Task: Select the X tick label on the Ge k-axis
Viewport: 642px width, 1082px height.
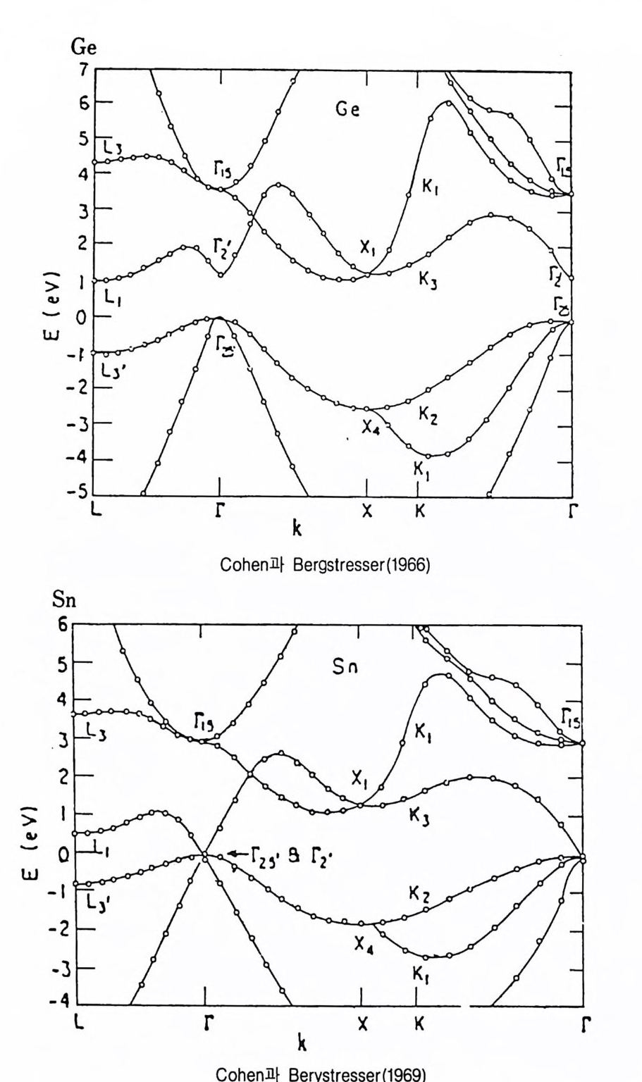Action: click(x=366, y=512)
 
